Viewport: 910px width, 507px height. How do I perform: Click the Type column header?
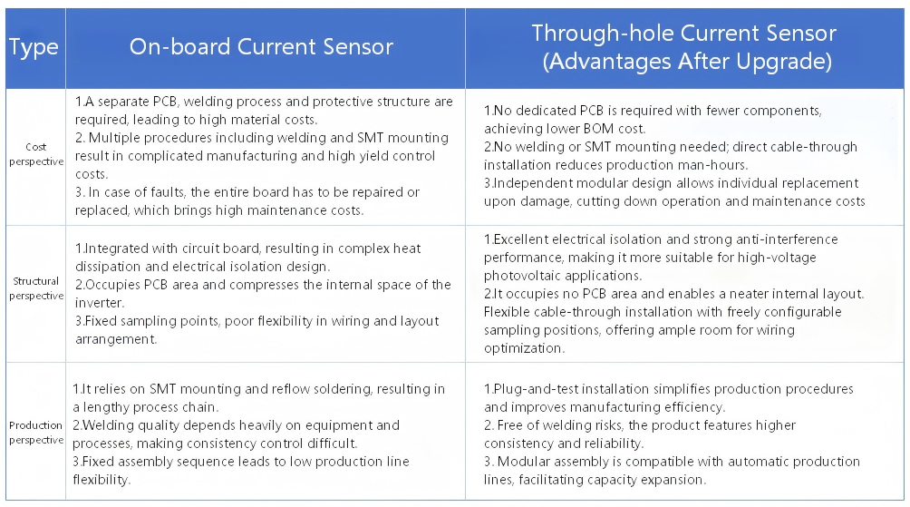[34, 47]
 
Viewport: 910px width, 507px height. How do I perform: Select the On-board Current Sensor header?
[261, 46]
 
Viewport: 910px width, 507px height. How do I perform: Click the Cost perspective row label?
[36, 154]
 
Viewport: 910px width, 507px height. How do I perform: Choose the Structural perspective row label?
[36, 288]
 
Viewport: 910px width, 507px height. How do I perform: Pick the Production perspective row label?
[36, 433]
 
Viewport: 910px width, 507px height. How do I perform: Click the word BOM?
[599, 129]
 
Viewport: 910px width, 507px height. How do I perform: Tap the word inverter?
[98, 303]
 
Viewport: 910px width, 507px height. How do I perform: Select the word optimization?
[524, 348]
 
